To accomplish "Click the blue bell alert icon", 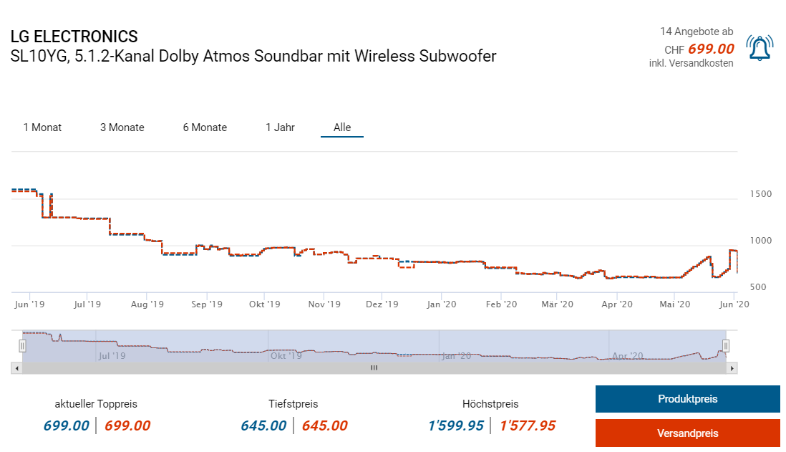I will [759, 48].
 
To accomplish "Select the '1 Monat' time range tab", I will [42, 128].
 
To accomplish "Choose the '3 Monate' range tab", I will [122, 128].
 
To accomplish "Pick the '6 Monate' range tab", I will [205, 128].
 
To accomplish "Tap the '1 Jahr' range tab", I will [280, 128].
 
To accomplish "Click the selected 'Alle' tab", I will [342, 128].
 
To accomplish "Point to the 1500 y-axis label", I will [760, 194].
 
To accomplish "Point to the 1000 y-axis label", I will [760, 241].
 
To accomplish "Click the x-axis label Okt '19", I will [264, 304].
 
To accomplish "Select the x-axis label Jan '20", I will [441, 304].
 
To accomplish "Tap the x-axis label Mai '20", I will [674, 304].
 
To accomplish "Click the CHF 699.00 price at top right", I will [710, 49].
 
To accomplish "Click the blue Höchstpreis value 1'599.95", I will [455, 425].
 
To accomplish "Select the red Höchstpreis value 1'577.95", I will [527, 425].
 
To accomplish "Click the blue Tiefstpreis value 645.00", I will [263, 425].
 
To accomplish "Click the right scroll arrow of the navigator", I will [732, 367].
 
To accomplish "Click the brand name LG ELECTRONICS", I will [74, 37].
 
